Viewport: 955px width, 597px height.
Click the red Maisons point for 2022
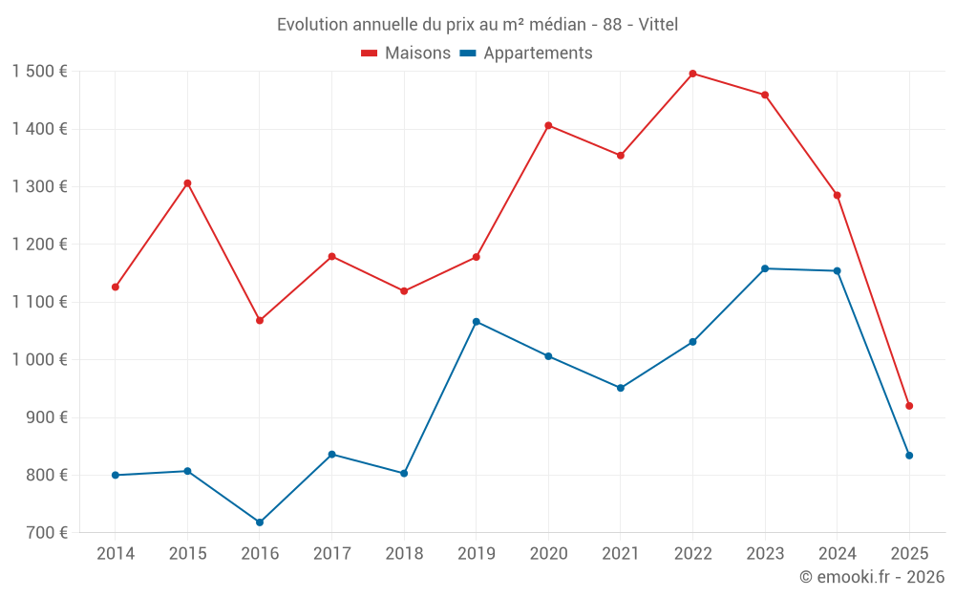692,74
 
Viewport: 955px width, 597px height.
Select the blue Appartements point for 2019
477,322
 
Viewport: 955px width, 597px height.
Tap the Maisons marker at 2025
909,406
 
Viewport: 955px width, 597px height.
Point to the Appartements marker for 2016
260,522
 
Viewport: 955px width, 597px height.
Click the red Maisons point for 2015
187,183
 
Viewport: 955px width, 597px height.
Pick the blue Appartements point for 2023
765,268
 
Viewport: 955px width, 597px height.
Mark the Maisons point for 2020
548,125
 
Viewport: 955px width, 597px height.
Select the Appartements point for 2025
909,456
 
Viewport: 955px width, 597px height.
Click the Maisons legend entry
406,53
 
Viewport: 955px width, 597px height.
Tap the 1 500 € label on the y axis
40,72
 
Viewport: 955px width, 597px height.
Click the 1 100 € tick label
40,302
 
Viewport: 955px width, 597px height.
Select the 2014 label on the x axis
116,554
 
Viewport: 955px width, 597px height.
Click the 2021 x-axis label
621,554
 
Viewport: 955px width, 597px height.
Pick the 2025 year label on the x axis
909,554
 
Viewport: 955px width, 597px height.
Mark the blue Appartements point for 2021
621,388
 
